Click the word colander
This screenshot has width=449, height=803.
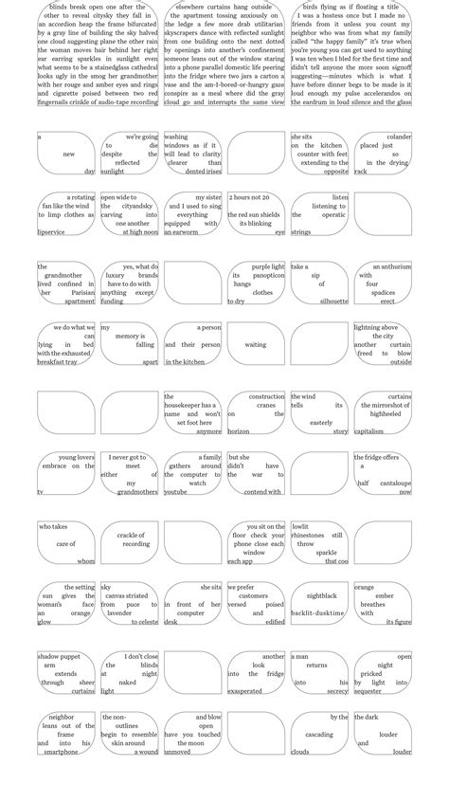pyautogui.click(x=399, y=137)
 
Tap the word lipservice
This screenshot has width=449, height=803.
pyautogui.click(x=51, y=231)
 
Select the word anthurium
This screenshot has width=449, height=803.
pyautogui.click(x=392, y=266)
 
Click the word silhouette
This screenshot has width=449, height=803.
pyautogui.click(x=333, y=301)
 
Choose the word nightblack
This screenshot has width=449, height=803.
pyautogui.click(x=322, y=595)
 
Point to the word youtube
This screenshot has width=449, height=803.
pyautogui.click(x=175, y=492)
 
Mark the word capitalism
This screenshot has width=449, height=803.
pyautogui.click(x=369, y=431)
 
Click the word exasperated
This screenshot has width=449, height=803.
pyautogui.click(x=244, y=691)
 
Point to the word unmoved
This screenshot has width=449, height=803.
pyautogui.click(x=177, y=752)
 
